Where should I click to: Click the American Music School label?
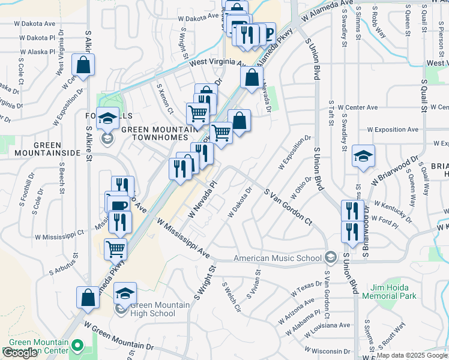pyautogui.click(x=277, y=258)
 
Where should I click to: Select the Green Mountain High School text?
pyautogui.click(x=153, y=309)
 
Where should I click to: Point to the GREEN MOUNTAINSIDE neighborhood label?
pyautogui.click(x=47, y=149)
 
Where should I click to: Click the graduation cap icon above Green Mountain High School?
pyautogui.click(x=125, y=293)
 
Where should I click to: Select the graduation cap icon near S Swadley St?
pyautogui.click(x=363, y=156)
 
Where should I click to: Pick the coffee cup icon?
pyautogui.click(x=119, y=205)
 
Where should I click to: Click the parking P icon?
pyautogui.click(x=267, y=33)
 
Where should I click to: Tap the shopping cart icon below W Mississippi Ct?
pyautogui.click(x=116, y=248)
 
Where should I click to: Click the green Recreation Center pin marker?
pyautogui.click(x=77, y=345)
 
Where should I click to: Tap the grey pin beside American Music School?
pyautogui.click(x=330, y=258)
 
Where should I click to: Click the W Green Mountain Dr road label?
pyautogui.click(x=119, y=336)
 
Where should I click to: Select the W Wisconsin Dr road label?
pyautogui.click(x=327, y=351)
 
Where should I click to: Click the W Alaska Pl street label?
pyautogui.click(x=37, y=52)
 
